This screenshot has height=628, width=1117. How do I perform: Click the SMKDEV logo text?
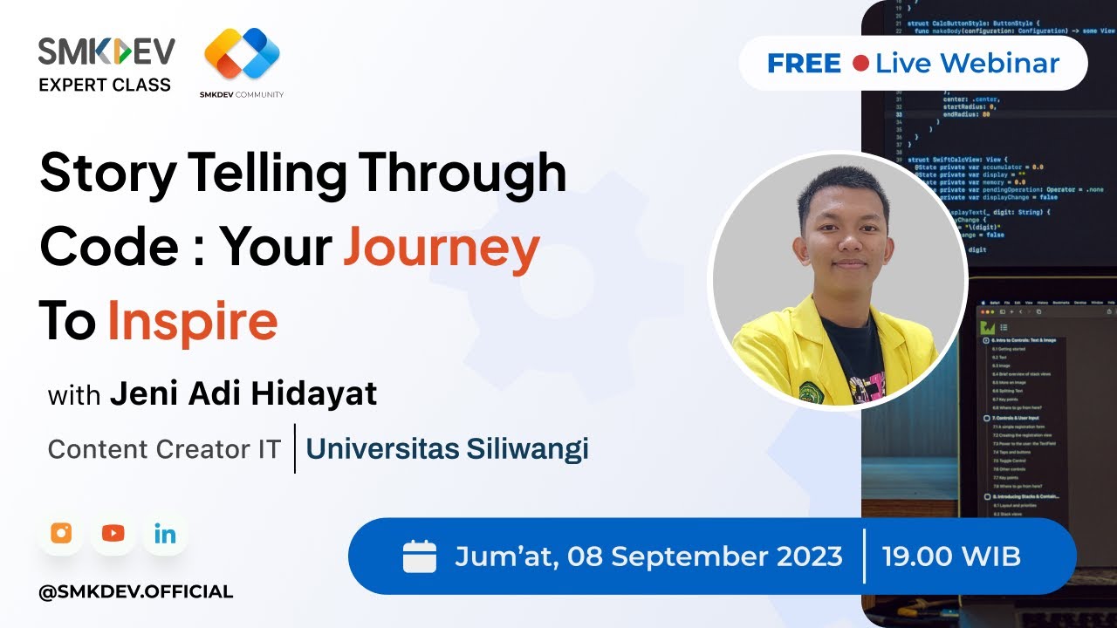point(106,51)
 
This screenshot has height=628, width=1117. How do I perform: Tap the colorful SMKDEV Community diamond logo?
point(242,57)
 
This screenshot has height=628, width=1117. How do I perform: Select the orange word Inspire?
point(192,321)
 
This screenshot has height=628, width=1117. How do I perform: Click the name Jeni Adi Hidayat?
point(243,394)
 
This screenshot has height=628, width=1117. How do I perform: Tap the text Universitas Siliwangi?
point(447,448)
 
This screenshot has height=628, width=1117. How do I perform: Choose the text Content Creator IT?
point(164,448)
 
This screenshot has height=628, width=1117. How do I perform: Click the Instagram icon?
point(61,533)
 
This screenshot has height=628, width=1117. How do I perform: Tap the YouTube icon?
point(113,533)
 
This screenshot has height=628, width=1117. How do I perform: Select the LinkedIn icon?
point(165,533)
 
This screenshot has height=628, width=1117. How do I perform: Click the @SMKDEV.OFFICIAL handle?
point(135,591)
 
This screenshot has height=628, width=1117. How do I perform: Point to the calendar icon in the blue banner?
point(419,556)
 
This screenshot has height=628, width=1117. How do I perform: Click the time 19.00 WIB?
point(951,556)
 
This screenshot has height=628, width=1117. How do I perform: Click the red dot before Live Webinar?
point(860,64)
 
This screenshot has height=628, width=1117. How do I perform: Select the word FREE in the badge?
point(804,64)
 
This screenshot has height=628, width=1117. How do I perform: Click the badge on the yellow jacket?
point(811,392)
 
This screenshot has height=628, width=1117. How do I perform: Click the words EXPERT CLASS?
point(105,85)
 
